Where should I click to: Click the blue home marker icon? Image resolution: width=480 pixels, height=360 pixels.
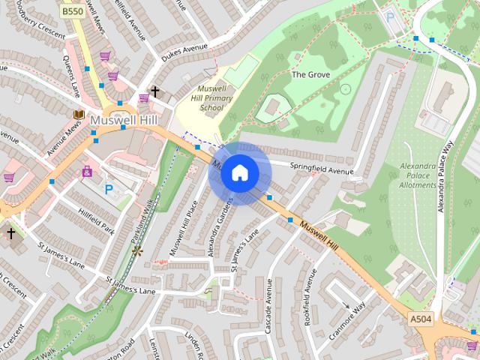[x=239, y=172]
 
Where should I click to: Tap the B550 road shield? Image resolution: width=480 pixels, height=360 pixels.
[x=73, y=11]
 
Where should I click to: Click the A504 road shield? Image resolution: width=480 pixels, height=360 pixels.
[x=421, y=319]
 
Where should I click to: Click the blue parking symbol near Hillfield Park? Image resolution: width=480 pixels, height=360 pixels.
[x=109, y=189]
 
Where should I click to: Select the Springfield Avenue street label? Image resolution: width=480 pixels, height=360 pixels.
[x=321, y=167]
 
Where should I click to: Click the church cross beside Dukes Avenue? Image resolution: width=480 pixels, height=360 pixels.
[x=155, y=92]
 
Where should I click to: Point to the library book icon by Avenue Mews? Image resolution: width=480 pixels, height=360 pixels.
[x=78, y=114]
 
